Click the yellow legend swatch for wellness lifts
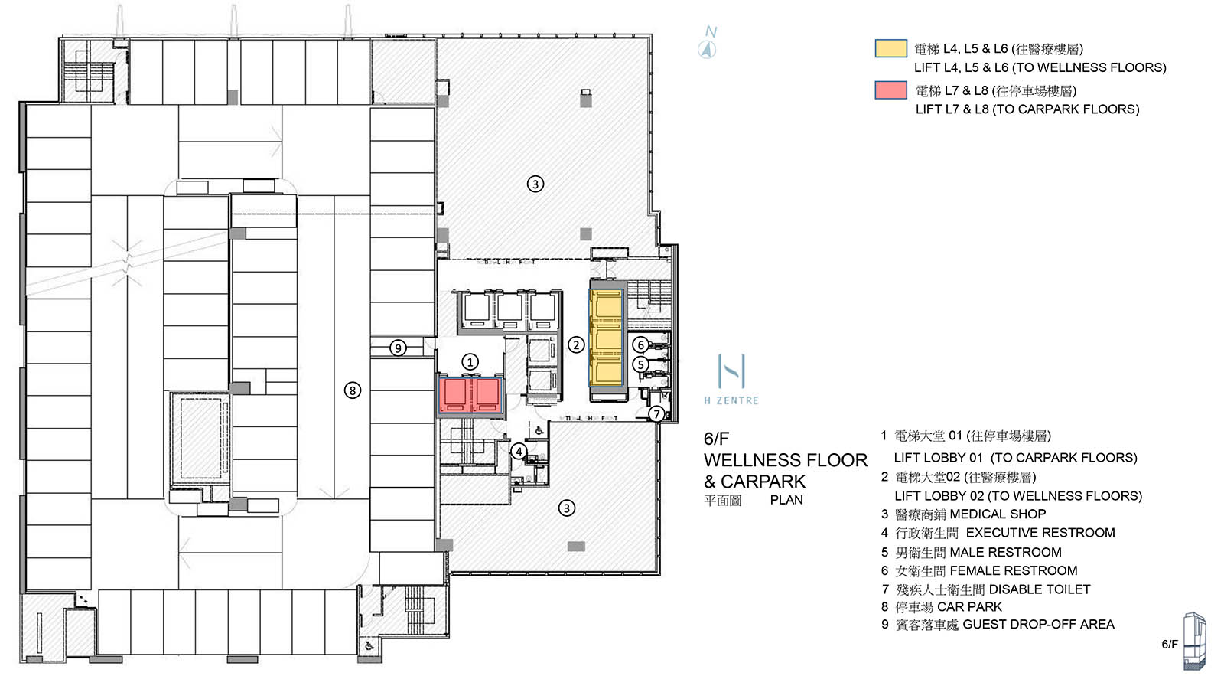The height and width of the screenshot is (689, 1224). pyautogui.click(x=890, y=49)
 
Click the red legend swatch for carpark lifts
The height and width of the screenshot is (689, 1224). pyautogui.click(x=890, y=90)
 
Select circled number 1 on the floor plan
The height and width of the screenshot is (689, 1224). pyautogui.click(x=470, y=361)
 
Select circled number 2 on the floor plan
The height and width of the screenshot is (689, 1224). pyautogui.click(x=576, y=344)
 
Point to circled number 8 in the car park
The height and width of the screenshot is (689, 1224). pyautogui.click(x=352, y=390)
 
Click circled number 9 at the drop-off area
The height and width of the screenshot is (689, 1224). pyautogui.click(x=397, y=348)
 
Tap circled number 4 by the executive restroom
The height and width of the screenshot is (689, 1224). pyautogui.click(x=519, y=452)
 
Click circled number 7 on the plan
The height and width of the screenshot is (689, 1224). pyautogui.click(x=656, y=414)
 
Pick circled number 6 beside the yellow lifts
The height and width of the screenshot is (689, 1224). pyautogui.click(x=641, y=345)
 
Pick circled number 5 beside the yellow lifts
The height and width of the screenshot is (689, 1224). pyautogui.click(x=641, y=365)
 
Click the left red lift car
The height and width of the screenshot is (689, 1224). pyautogui.click(x=454, y=395)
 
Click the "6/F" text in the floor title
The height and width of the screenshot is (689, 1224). pyautogui.click(x=716, y=439)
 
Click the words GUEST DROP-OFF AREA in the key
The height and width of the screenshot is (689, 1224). pyautogui.click(x=1038, y=625)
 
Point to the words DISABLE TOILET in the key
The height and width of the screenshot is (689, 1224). pyautogui.click(x=1039, y=589)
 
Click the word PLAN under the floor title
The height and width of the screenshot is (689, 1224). pyautogui.click(x=786, y=500)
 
